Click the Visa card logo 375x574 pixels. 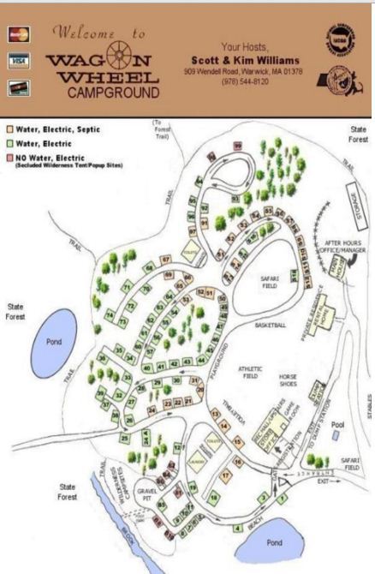point(18,62)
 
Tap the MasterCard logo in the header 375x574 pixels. point(17,36)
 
